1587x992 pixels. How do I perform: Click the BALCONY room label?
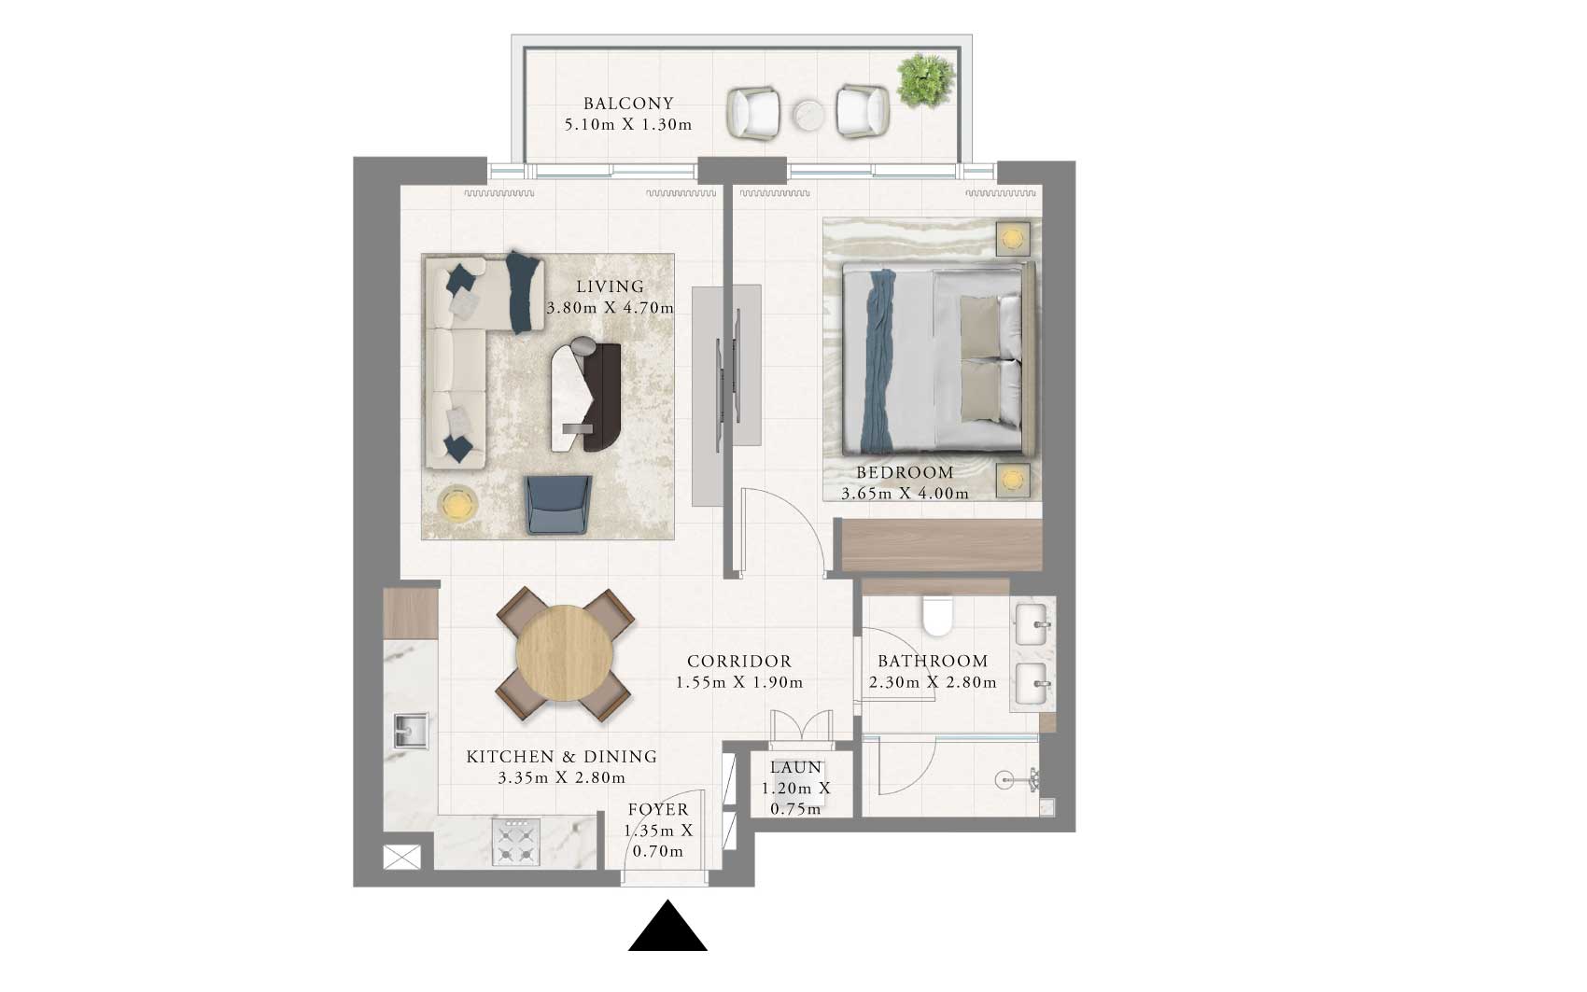pos(628,104)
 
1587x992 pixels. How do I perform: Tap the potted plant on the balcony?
pos(925,80)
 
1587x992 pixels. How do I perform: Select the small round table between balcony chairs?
pos(808,116)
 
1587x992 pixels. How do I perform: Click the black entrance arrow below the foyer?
pos(667,926)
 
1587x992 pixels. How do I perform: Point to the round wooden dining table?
pos(565,653)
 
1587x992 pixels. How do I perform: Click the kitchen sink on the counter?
pos(412,731)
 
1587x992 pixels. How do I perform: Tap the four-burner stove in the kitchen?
pos(515,842)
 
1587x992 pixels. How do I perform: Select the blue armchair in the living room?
pos(558,504)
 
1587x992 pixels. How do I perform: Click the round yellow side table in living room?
pos(457,505)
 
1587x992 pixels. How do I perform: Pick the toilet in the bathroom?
pos(938,616)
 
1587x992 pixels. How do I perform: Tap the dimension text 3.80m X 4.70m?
pos(610,308)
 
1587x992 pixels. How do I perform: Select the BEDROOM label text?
pos(905,472)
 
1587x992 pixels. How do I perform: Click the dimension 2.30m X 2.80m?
pos(933,682)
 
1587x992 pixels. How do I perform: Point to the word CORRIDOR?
pos(739,662)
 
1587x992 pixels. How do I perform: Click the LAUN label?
pos(796,767)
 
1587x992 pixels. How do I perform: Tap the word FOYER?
pos(658,809)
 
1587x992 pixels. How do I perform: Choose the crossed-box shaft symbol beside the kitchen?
pos(401,857)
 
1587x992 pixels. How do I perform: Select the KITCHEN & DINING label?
pos(562,757)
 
